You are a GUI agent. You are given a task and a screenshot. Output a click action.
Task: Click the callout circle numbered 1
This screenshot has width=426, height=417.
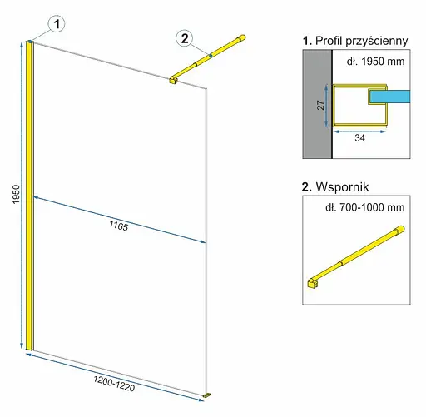tap(57, 24)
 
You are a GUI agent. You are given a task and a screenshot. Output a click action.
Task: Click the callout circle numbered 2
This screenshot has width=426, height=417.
tap(185, 38)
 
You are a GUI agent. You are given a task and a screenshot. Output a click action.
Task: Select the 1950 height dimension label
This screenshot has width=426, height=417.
tap(17, 194)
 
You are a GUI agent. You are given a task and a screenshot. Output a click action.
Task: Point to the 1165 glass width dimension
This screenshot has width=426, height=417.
tap(119, 226)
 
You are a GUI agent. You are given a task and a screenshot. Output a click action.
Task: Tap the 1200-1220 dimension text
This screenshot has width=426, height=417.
tap(114, 384)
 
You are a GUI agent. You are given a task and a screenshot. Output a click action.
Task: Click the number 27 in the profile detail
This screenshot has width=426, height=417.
tap(320, 105)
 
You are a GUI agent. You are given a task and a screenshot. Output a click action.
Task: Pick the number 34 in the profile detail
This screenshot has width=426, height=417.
tap(359, 138)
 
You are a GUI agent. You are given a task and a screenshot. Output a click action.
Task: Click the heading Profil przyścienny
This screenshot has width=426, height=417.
tap(355, 41)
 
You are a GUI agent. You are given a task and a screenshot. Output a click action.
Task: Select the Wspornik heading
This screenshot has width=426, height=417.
tap(335, 187)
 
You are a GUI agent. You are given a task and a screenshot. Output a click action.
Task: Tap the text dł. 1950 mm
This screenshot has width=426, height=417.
tap(375, 62)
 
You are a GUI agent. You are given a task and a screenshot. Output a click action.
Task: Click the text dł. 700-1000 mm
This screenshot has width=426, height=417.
tap(365, 207)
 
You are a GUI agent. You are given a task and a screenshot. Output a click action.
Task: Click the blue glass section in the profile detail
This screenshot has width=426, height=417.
tap(389, 97)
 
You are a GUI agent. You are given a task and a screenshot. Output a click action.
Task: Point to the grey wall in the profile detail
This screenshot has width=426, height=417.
tap(317, 104)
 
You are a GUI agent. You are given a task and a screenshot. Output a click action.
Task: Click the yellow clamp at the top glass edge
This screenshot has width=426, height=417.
tap(174, 80)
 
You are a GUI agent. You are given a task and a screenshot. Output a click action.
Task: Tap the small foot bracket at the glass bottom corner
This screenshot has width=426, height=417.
tap(206, 395)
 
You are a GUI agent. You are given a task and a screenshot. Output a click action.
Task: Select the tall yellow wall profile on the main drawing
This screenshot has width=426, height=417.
tap(30, 196)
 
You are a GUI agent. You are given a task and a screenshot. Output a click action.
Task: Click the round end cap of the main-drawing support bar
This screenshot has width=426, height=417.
tap(242, 37)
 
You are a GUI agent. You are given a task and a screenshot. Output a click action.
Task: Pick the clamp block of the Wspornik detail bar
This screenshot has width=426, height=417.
tap(313, 283)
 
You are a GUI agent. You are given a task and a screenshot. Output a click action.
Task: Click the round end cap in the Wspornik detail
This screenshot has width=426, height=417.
tap(400, 230)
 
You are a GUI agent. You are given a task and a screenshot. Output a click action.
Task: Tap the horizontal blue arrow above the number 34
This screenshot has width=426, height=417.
tap(359, 132)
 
